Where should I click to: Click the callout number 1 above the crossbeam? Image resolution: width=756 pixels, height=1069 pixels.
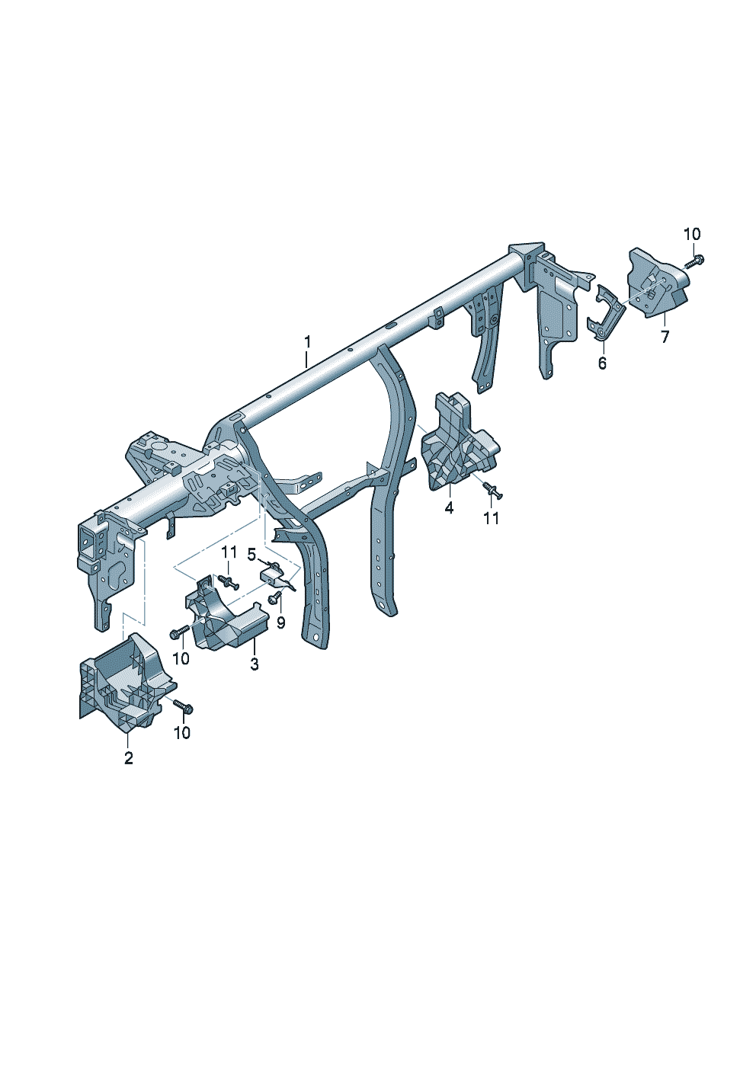[308, 341]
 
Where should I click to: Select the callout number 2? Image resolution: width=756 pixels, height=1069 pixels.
[129, 758]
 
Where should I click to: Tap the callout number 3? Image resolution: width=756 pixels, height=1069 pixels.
[255, 664]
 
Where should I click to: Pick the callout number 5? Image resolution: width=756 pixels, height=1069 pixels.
[252, 554]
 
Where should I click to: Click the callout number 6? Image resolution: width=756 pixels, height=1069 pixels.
[602, 363]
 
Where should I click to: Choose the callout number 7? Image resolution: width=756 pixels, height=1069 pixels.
[665, 337]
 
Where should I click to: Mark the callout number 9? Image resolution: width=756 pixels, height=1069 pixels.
[280, 623]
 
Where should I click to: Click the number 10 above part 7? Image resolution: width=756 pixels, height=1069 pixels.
[692, 235]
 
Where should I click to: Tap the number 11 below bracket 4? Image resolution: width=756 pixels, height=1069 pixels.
[491, 518]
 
